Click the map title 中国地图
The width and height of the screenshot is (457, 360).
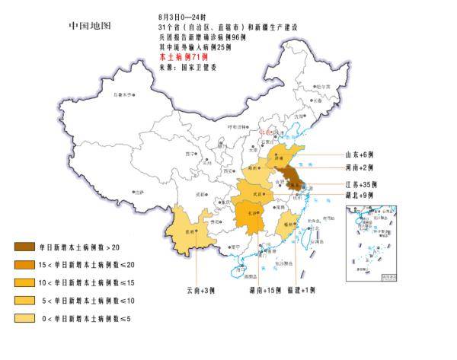tap(90, 26)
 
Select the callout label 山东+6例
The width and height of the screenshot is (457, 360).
tap(361, 152)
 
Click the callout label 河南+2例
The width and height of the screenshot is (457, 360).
tap(361, 167)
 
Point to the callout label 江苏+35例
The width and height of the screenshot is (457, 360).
tap(363, 184)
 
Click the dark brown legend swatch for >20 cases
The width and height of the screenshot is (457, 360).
tap(24, 247)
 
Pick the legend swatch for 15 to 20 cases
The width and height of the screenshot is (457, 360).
tap(24, 265)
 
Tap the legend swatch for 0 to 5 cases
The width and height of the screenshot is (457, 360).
tap(24, 318)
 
